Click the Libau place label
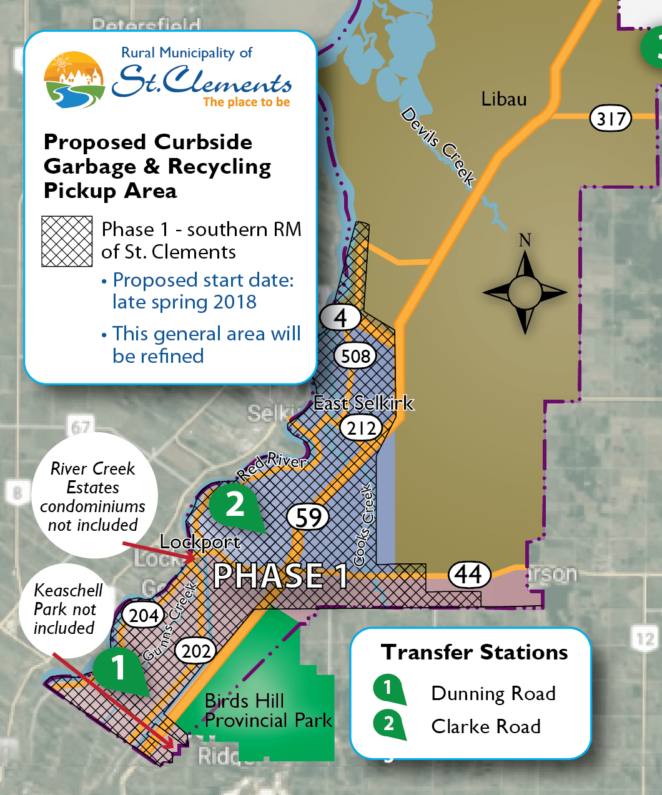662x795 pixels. (504, 99)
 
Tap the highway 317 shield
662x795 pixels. (611, 118)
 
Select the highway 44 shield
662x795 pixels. (469, 575)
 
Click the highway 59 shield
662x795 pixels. (309, 517)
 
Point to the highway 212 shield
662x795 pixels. (362, 428)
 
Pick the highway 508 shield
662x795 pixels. (355, 356)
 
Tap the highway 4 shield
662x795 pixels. (340, 317)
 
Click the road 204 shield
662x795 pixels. (144, 615)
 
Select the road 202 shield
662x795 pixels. (195, 651)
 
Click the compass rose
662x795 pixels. (525, 291)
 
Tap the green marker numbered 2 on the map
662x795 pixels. (235, 504)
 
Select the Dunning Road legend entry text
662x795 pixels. (493, 693)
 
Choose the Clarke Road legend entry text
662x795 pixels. (486, 726)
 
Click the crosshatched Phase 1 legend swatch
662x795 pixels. (67, 241)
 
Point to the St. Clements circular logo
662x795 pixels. (74, 80)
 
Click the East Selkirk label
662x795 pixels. (363, 403)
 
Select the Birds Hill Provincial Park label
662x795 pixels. (269, 711)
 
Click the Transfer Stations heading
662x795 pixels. (475, 652)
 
